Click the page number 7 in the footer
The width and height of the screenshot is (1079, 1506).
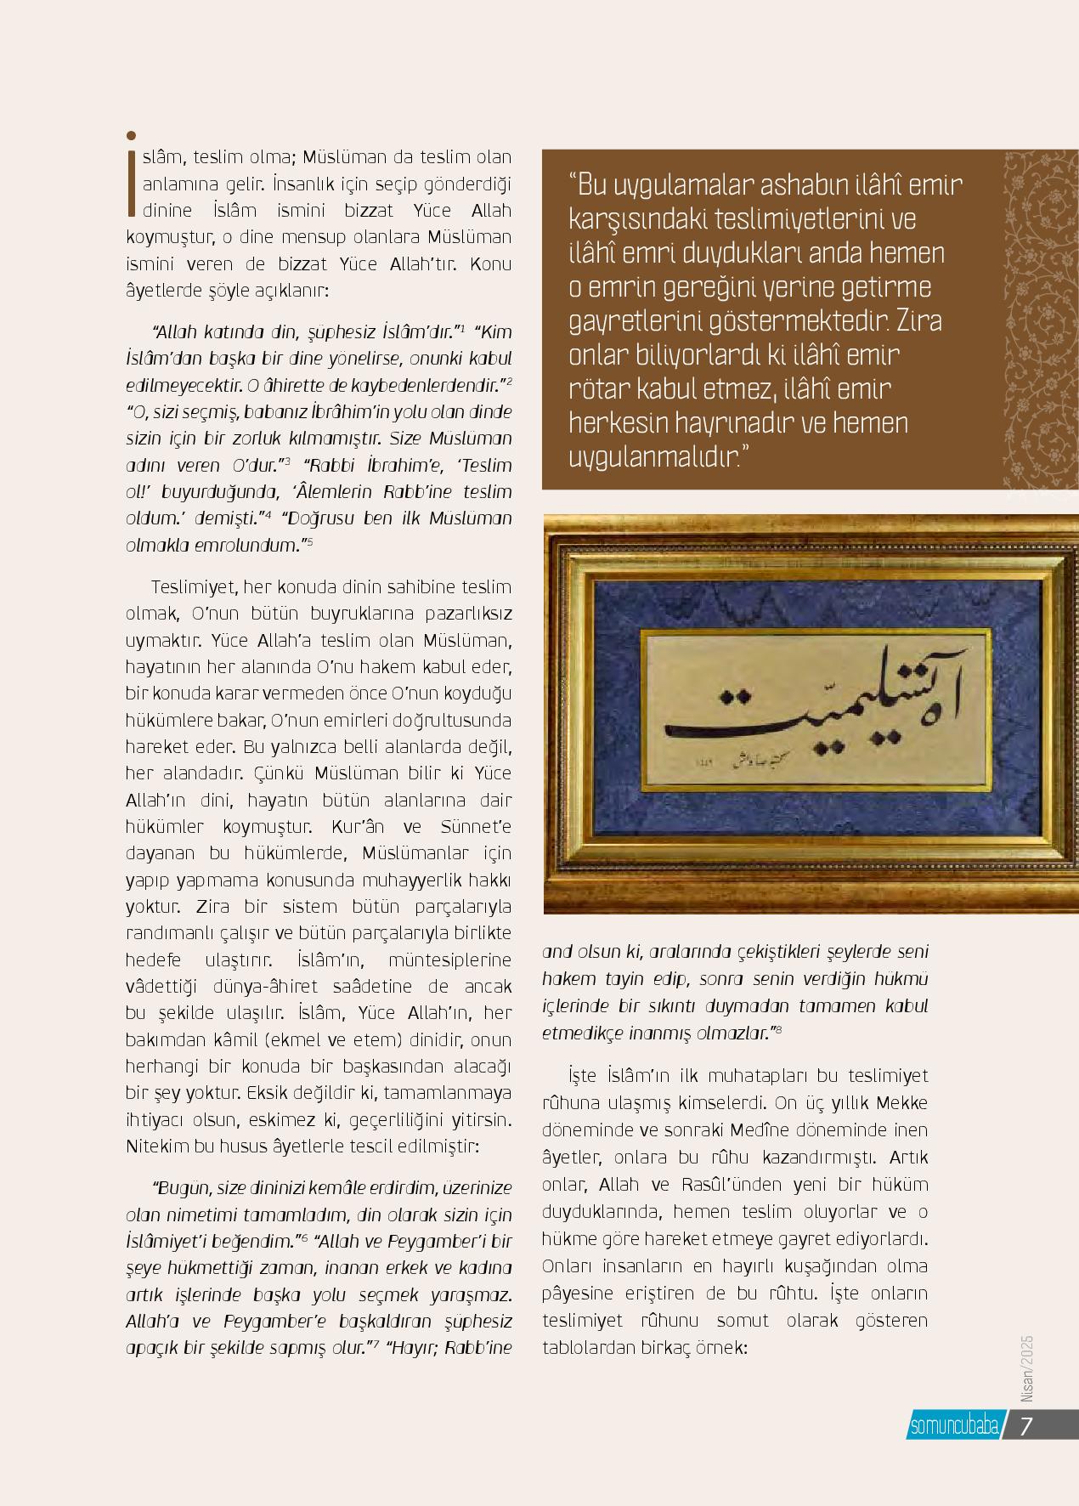[1025, 1425]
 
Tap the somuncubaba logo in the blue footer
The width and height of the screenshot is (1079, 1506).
[954, 1426]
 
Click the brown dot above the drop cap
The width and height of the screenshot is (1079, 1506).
[131, 135]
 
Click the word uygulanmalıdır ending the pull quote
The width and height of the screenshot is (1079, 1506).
[652, 458]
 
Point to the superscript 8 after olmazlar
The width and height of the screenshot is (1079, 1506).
[778, 1031]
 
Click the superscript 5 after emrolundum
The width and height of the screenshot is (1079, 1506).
[310, 541]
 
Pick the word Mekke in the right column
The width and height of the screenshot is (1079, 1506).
[901, 1103]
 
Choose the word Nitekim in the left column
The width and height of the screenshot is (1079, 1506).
[157, 1146]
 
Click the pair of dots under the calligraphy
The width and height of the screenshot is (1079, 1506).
[735, 697]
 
